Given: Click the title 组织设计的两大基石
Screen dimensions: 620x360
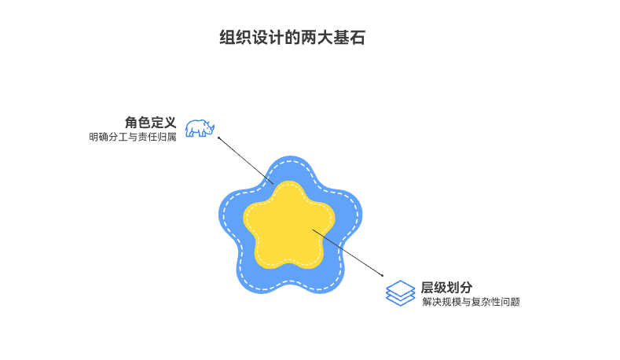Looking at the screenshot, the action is tap(292, 38).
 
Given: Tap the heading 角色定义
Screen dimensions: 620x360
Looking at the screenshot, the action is tap(150, 123).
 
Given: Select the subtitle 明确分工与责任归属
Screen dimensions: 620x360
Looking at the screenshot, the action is tap(133, 138).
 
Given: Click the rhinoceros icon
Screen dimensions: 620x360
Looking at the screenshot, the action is tap(200, 128).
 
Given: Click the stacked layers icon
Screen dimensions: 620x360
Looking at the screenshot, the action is tap(400, 293).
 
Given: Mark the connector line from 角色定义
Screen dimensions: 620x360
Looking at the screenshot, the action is tap(245, 160).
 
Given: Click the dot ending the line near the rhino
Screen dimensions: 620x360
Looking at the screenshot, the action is tap(218, 138).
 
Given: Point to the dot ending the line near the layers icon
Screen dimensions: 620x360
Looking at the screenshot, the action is tap(383, 275).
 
